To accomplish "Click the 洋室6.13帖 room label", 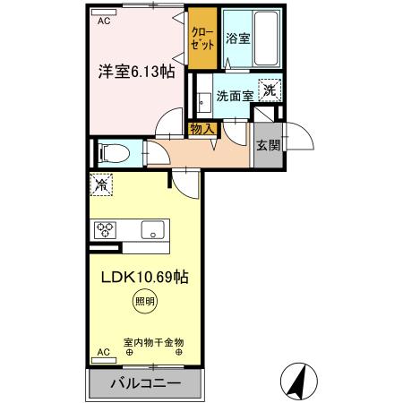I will (135, 72).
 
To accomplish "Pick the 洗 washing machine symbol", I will (270, 90).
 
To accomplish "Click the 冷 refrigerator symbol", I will (100, 187).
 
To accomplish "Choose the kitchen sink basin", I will (154, 230).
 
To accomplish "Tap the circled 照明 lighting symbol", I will (144, 301).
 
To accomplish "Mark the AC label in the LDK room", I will (103, 352).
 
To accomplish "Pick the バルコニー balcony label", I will (146, 382).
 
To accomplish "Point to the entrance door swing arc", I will (300, 134).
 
